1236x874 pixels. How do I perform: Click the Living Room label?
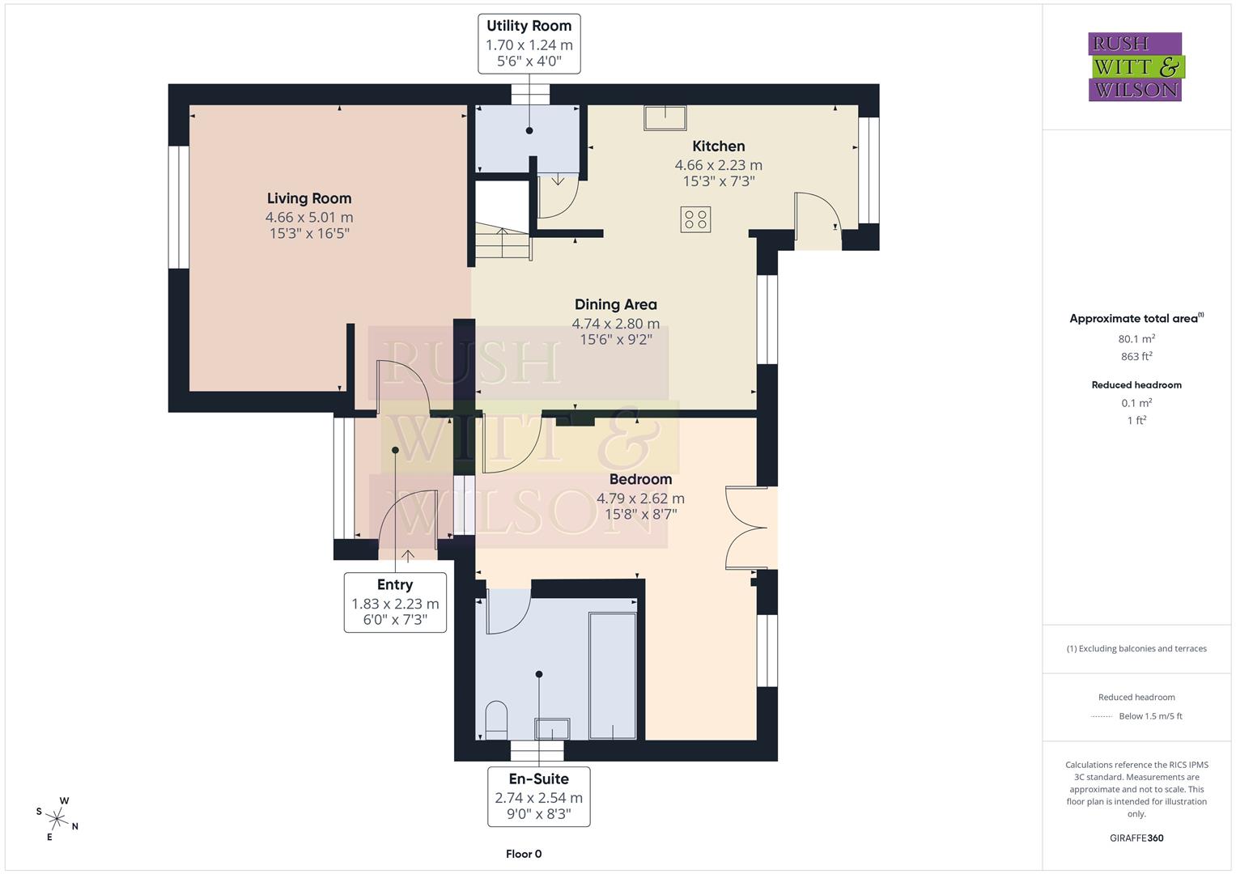tap(309, 198)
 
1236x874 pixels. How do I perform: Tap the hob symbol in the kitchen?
tap(695, 219)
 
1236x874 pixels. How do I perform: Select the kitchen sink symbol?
tap(665, 118)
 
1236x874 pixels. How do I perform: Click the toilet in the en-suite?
tap(495, 719)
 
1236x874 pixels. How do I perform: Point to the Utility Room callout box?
tap(529, 45)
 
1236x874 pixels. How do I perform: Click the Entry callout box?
tap(395, 602)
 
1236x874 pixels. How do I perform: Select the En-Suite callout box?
tap(538, 796)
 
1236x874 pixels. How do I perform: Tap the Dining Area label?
tap(616, 304)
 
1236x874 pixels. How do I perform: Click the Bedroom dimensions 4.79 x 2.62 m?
tap(640, 499)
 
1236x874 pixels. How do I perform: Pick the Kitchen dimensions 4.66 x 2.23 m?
tap(718, 164)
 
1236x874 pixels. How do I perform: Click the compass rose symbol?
tap(57, 818)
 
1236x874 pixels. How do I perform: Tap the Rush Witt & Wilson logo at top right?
tap(1135, 67)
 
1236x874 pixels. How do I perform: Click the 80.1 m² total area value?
tap(1136, 339)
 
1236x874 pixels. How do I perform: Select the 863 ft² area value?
tap(1136, 356)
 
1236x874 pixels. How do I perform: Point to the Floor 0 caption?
tap(524, 854)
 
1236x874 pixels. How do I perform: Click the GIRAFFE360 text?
tap(1136, 838)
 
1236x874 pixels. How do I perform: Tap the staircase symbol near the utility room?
tap(502, 243)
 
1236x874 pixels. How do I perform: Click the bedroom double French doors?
tap(746, 528)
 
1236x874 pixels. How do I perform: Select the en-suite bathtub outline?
tap(612, 676)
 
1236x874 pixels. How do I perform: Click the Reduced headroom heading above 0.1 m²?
tap(1136, 385)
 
